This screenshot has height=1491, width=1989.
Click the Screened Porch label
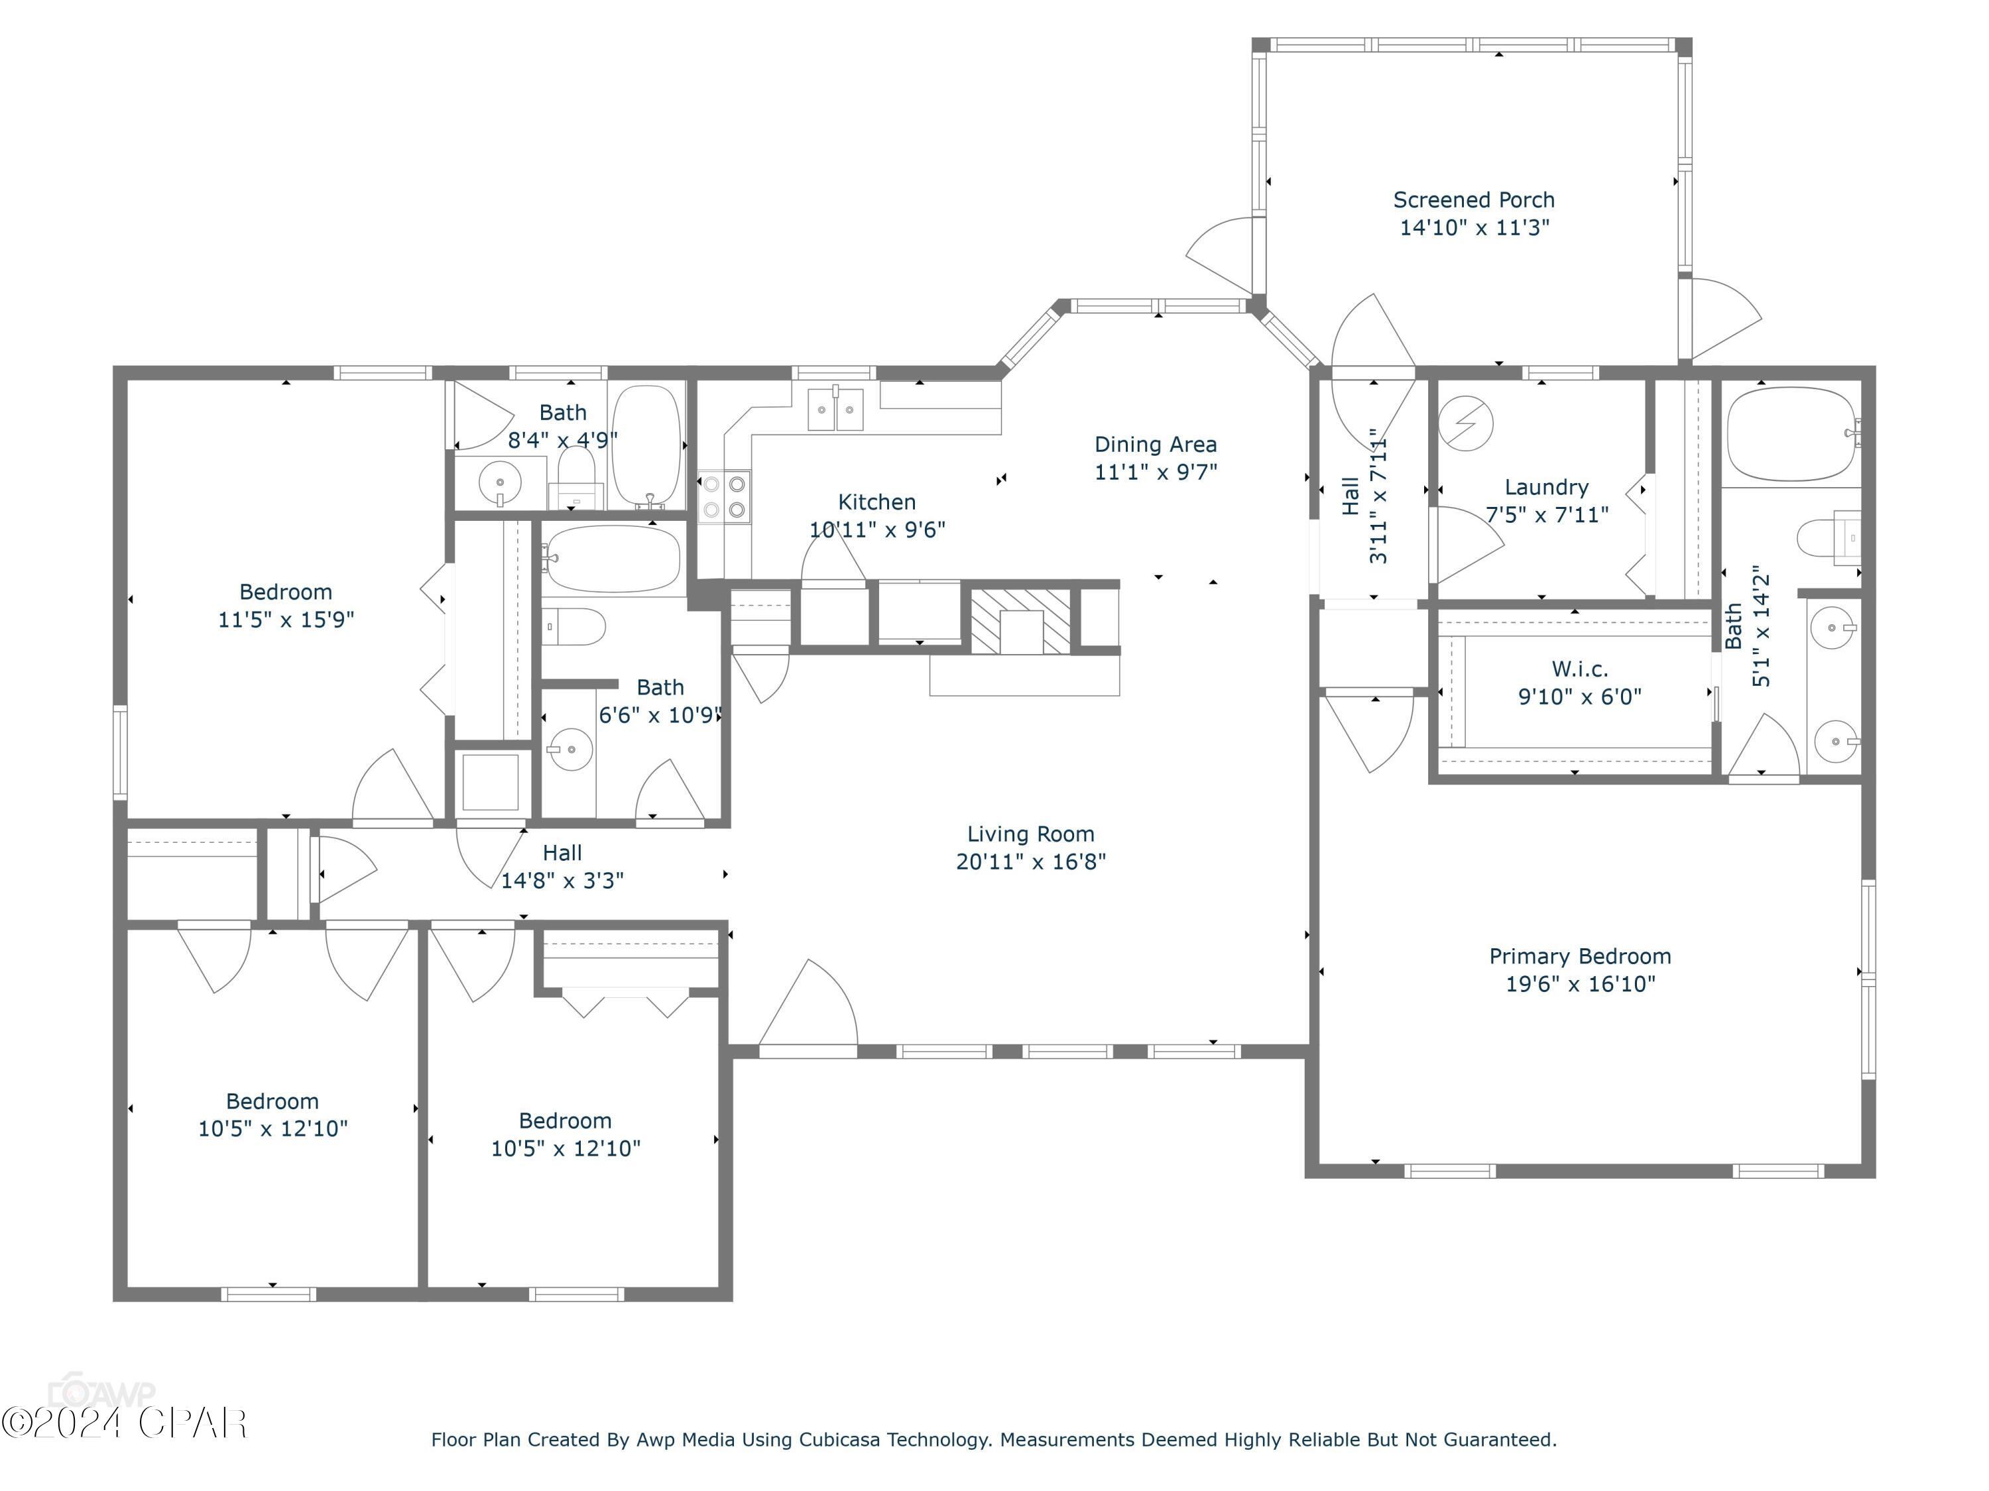(x=1474, y=199)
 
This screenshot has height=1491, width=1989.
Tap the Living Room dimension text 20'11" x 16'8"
(x=1030, y=861)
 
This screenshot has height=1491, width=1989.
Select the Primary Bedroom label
(x=1580, y=956)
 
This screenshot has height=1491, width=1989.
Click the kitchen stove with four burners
(x=725, y=497)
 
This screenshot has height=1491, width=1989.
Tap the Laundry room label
(x=1547, y=487)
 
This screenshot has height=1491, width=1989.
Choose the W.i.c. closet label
(x=1580, y=669)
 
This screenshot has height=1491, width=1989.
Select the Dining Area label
(x=1156, y=444)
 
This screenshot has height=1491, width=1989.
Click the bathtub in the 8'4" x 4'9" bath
(x=646, y=447)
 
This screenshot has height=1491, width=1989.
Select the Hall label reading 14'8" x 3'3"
(x=562, y=866)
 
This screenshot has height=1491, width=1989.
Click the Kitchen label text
(x=876, y=502)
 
